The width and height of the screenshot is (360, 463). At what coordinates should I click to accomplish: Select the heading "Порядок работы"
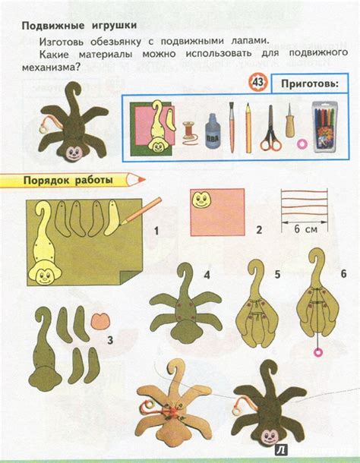pos(68,181)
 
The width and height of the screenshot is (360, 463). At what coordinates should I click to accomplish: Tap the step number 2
pos(258,228)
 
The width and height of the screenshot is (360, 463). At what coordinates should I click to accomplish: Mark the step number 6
pos(343,272)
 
